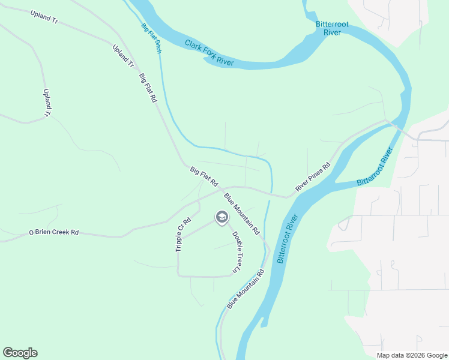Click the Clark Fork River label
pyautogui.click(x=209, y=53)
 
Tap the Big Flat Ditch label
pyautogui.click(x=152, y=38)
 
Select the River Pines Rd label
pyautogui.click(x=313, y=177)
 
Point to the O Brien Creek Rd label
pyautogui.click(x=54, y=232)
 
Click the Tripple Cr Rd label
pyautogui.click(x=183, y=234)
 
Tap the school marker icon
pyautogui.click(x=221, y=217)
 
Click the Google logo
pyautogui.click(x=20, y=353)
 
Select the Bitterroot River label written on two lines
pyautogui.click(x=328, y=28)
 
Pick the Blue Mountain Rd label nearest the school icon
pyautogui.click(x=241, y=214)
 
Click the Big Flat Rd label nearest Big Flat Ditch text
pyautogui.click(x=147, y=88)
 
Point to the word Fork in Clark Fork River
pyautogui.click(x=209, y=53)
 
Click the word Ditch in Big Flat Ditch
pyautogui.click(x=158, y=47)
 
